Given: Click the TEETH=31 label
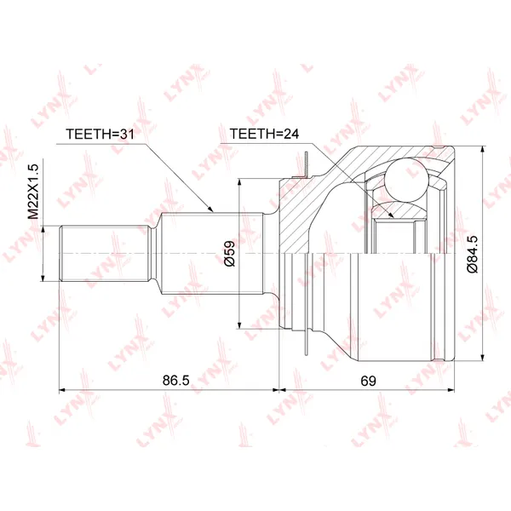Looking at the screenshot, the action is [x=100, y=134].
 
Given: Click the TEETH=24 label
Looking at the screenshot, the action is [x=264, y=134].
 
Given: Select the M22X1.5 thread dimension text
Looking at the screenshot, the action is [x=33, y=192].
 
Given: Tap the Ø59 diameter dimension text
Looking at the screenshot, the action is [x=229, y=254].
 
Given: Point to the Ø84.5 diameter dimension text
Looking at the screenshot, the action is [x=472, y=254].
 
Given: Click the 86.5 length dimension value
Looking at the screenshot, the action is [x=176, y=381].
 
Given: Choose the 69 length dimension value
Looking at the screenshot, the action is [x=368, y=381].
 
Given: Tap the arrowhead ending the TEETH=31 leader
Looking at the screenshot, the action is [x=210, y=210].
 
